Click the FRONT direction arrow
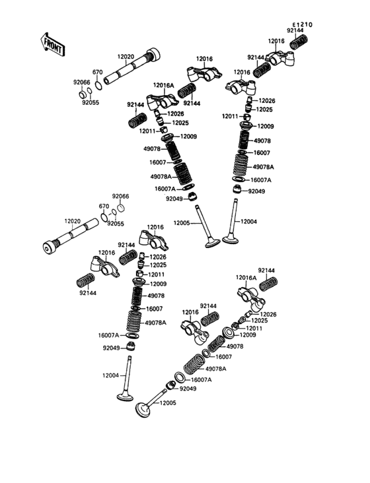pos(52,44)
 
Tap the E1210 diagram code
pos(303,24)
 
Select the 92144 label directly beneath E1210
pos(295,30)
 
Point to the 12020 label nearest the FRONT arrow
pos(126,57)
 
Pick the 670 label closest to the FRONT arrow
pos(97,72)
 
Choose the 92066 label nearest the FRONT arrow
pos(82,82)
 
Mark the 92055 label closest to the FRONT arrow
pos(91,102)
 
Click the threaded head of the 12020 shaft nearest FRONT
pos(153,55)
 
